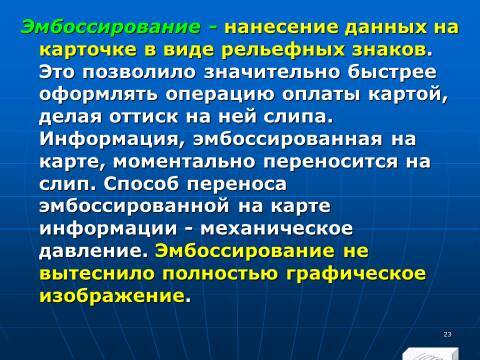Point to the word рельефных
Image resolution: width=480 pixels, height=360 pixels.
[x=286, y=48]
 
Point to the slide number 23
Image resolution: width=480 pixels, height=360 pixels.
[x=448, y=332]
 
